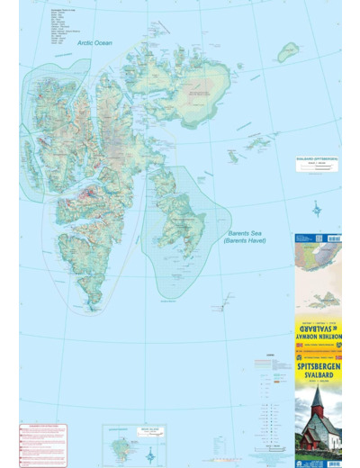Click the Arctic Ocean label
point(94,42)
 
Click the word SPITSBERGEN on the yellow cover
point(318,368)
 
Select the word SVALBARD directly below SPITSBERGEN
point(318,378)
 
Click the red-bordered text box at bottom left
point(43,445)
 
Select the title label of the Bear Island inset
point(123,430)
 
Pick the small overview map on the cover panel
point(318,256)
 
